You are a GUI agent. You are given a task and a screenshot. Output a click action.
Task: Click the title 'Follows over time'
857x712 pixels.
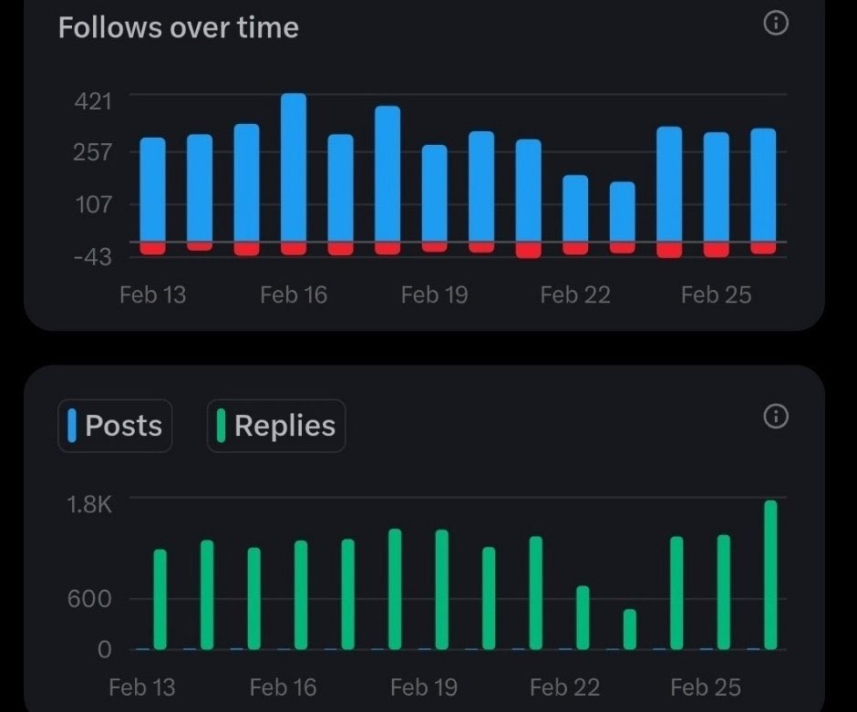[x=179, y=27]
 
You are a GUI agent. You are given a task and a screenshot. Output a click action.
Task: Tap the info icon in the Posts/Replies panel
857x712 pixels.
[x=775, y=417]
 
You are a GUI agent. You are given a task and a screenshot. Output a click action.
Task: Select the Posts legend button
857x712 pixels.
[x=115, y=426]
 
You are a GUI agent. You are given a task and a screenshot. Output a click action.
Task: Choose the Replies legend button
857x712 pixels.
[x=276, y=426]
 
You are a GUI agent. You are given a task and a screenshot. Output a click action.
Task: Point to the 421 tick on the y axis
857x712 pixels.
[x=92, y=100]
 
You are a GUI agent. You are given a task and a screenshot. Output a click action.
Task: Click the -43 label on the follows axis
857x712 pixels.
[x=92, y=258]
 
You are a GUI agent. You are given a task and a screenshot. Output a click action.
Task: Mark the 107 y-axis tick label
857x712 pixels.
[x=92, y=205]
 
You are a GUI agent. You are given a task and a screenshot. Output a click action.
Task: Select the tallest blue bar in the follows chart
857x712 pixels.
[x=294, y=168]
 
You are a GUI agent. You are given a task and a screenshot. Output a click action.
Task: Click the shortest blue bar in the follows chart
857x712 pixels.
[x=623, y=212]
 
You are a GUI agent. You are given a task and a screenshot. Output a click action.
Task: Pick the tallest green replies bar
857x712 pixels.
[x=770, y=574]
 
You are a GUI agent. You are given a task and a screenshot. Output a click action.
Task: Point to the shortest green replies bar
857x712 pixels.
[x=630, y=629]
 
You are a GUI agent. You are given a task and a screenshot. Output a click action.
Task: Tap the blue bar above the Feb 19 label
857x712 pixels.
[x=435, y=193]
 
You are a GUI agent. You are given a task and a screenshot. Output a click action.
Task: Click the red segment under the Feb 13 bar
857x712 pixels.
[x=153, y=248]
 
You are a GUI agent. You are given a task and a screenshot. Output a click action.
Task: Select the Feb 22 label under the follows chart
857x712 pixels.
[x=574, y=294]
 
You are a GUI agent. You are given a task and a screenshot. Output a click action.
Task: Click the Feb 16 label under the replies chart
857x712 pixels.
[x=282, y=686]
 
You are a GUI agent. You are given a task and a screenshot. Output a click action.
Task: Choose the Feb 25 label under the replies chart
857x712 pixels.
[x=705, y=686]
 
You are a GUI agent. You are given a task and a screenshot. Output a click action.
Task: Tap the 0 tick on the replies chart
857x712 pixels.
[x=103, y=649]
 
